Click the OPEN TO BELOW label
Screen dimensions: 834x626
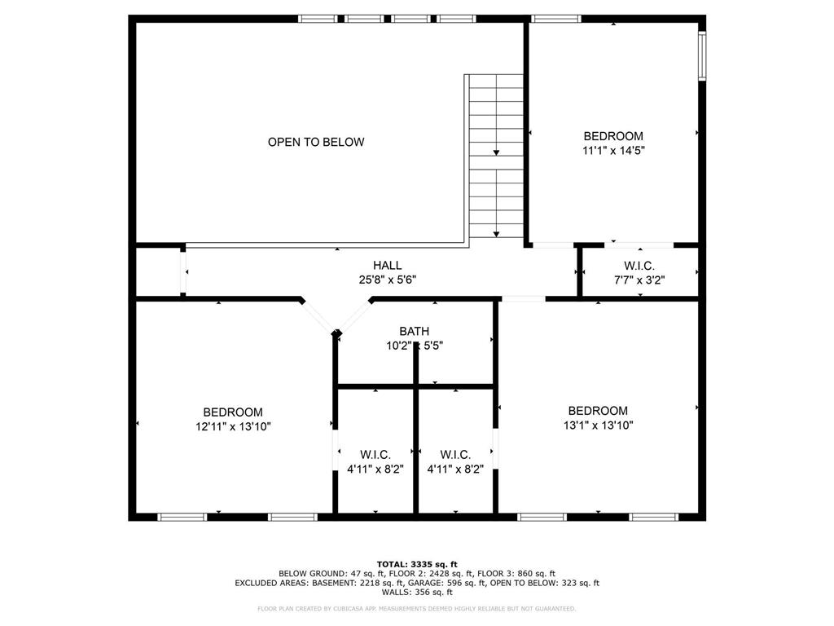pyautogui.click(x=316, y=142)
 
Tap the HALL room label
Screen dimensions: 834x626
pyautogui.click(x=387, y=265)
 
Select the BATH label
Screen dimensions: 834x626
pyautogui.click(x=415, y=331)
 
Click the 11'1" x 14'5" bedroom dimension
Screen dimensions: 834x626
pyautogui.click(x=613, y=151)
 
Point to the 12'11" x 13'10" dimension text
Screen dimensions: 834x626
pyautogui.click(x=233, y=426)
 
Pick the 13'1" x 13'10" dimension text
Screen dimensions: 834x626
pyautogui.click(x=599, y=425)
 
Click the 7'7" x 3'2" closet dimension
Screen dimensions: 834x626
pyautogui.click(x=639, y=280)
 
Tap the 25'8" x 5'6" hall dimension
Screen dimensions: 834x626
pyautogui.click(x=387, y=280)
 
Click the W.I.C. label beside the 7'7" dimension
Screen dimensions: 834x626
pyautogui.click(x=639, y=266)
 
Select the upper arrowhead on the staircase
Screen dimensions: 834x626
pyautogui.click(x=496, y=152)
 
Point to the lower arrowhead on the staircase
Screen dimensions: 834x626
pyautogui.click(x=496, y=234)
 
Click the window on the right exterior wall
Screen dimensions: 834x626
pyautogui.click(x=702, y=55)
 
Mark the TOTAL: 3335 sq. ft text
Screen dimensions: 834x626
pyautogui.click(x=417, y=564)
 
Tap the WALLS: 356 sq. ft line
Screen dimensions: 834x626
pyautogui.click(x=417, y=592)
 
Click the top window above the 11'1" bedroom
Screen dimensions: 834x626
pyautogui.click(x=555, y=19)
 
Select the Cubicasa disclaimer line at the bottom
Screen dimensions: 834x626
pyautogui.click(x=416, y=608)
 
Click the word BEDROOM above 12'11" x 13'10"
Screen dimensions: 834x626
pyautogui.click(x=233, y=412)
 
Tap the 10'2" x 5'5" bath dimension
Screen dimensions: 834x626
pyautogui.click(x=415, y=346)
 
